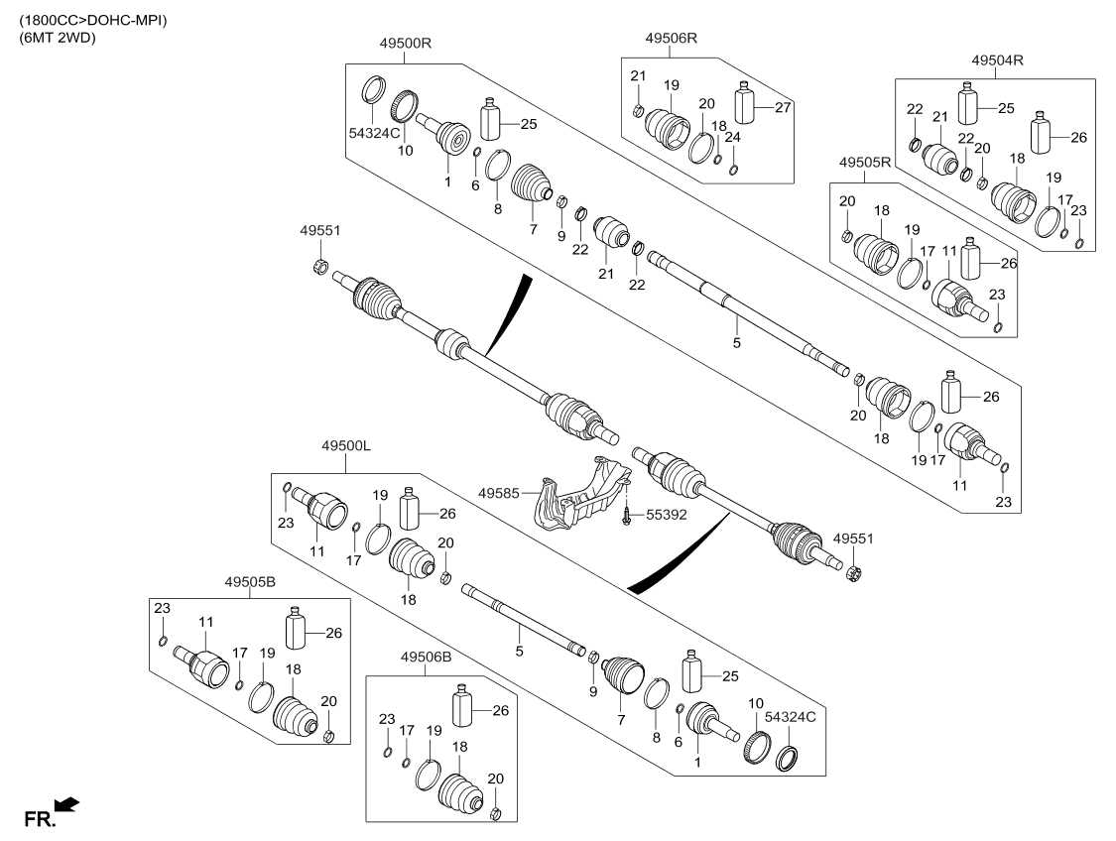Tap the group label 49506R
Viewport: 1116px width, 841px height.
pyautogui.click(x=672, y=38)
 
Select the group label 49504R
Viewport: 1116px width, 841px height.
pyautogui.click(x=997, y=60)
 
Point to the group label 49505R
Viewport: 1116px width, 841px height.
pyautogui.click(x=865, y=161)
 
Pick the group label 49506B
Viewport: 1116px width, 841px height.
pyautogui.click(x=427, y=657)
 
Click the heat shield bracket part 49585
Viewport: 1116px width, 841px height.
pyautogui.click(x=580, y=496)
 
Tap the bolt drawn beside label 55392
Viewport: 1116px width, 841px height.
pyautogui.click(x=628, y=516)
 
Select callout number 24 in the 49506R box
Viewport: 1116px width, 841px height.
pyautogui.click(x=732, y=139)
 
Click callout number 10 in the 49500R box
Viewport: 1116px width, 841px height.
pyautogui.click(x=405, y=151)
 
